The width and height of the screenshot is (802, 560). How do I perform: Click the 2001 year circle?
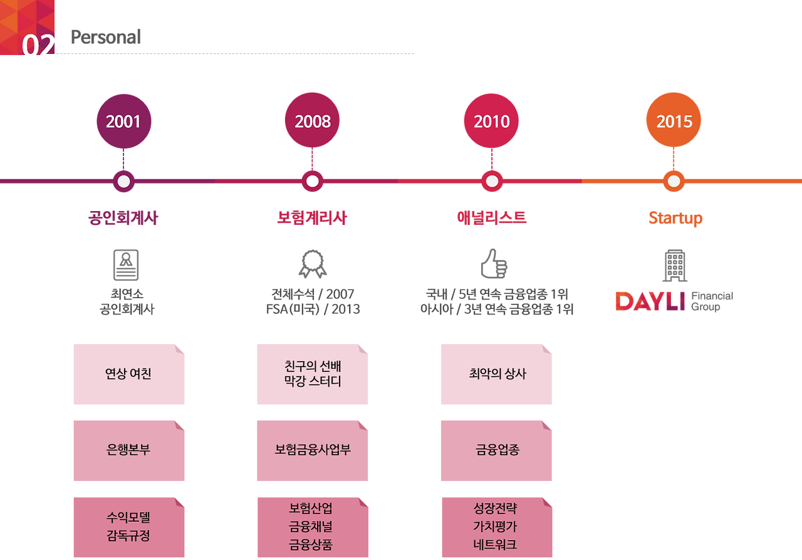[123, 121]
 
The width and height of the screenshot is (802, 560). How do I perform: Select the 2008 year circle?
[312, 121]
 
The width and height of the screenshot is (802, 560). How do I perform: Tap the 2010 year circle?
[492, 121]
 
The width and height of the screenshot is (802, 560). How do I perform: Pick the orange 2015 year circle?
[674, 121]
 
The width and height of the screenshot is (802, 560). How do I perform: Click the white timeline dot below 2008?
[312, 182]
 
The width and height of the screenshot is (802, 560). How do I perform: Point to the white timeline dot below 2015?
[674, 182]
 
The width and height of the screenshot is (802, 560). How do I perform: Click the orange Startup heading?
[675, 218]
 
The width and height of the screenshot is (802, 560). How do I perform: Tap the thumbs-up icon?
[493, 264]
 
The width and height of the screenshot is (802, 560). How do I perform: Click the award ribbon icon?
[313, 264]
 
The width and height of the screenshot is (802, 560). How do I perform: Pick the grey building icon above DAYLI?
[675, 265]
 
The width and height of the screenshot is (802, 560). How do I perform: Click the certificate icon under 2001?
[125, 265]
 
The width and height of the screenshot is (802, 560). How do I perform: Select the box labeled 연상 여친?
[128, 374]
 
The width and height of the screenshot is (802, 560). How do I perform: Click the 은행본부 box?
[128, 450]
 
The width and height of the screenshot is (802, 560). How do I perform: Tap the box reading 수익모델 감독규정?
[128, 527]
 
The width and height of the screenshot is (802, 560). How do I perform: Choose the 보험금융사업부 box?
[313, 450]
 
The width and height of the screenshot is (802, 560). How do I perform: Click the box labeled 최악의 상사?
[496, 374]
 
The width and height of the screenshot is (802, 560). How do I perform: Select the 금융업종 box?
[496, 450]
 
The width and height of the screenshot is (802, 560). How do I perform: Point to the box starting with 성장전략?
[496, 527]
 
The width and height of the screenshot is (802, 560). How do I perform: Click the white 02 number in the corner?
[39, 48]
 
